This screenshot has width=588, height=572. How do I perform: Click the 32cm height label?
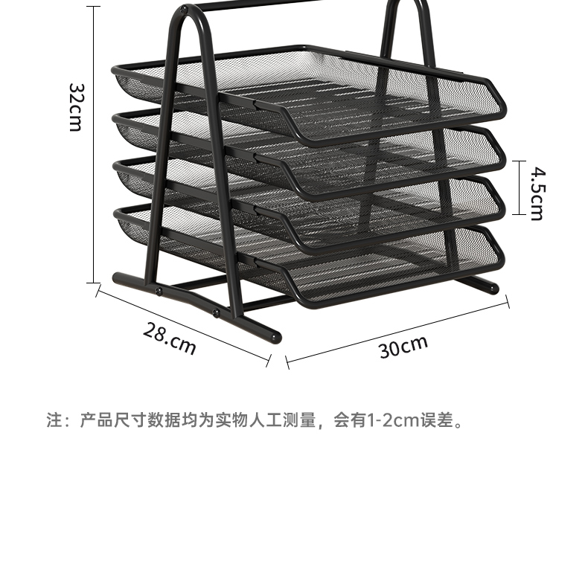tap(74, 106)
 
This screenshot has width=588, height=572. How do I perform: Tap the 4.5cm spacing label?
tap(537, 193)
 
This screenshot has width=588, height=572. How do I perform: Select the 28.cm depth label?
tap(170, 339)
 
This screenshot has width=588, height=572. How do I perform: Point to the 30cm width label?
tap(403, 347)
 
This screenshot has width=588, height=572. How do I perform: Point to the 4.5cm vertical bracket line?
tap(519, 188)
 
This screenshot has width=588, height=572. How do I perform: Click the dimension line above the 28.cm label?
tap(182, 324)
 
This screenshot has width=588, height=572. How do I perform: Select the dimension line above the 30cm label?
tap(398, 330)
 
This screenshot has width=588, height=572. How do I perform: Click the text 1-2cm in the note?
tap(388, 422)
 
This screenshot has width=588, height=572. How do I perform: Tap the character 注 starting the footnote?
tap(54, 422)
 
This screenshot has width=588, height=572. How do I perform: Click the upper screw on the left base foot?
tap(159, 291)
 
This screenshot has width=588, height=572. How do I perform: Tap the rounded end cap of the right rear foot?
tap(492, 289)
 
